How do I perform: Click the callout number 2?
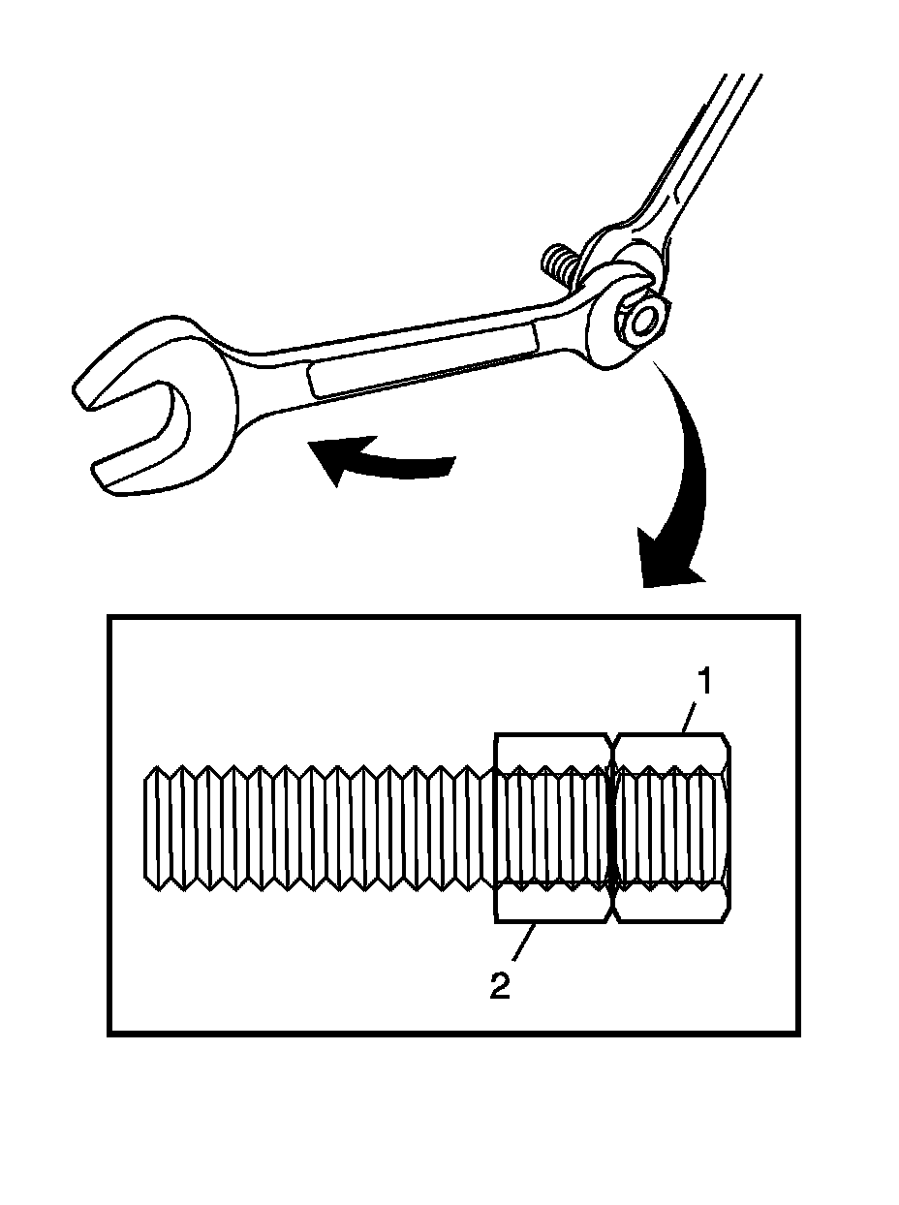pos(500,986)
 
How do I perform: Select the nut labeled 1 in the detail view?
pos(670,827)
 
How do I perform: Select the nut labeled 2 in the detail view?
pos(553,827)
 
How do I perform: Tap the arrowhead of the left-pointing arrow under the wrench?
pos(329,458)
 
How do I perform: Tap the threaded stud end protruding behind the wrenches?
pos(555,262)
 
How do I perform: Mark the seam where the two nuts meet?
pos(613,827)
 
